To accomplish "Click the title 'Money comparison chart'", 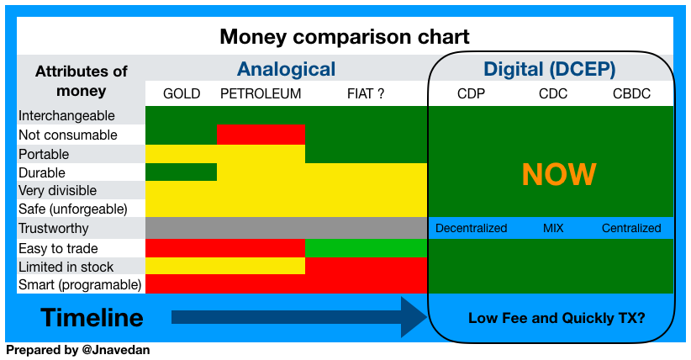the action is tap(345, 37).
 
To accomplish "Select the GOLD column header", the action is tap(182, 94).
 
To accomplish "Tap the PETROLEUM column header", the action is tap(261, 94).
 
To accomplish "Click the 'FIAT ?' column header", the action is tap(366, 94).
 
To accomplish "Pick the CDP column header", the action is tap(471, 94).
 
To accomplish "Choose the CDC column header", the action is tap(553, 94).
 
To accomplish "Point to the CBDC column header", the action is tap(631, 94).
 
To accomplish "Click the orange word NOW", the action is tap(559, 174).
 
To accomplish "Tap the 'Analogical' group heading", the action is tap(286, 69).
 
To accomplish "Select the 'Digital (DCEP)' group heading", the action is tap(550, 69).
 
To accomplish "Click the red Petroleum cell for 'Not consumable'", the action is tap(261, 135).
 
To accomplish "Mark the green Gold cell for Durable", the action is tap(181, 172).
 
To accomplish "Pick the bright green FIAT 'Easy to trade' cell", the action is tap(367, 248).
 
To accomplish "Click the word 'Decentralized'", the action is tap(471, 228).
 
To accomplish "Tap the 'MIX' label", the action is tap(553, 228).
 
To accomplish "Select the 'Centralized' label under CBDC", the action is tap(631, 228).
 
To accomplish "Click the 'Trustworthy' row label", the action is tap(53, 229).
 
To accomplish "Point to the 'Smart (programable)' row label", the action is tap(80, 284).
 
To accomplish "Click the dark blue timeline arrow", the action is tap(299, 317).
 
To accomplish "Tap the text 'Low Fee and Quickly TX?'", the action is tap(556, 318).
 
